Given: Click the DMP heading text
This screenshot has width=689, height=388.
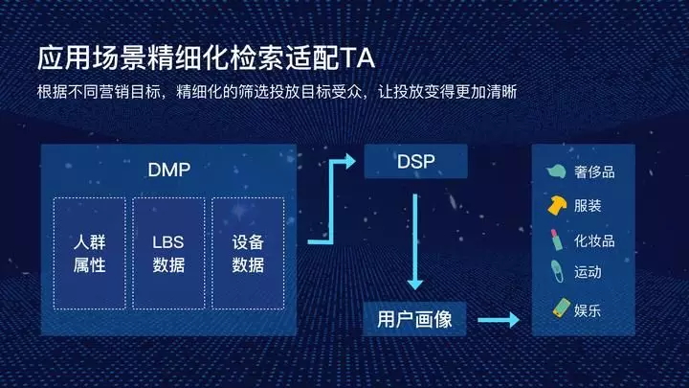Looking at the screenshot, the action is click(x=169, y=170).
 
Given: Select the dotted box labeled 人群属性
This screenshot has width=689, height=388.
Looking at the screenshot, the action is click(x=90, y=253).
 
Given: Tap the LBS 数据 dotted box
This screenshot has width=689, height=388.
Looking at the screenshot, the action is click(x=168, y=253).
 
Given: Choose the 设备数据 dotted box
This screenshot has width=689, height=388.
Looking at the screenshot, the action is click(x=248, y=253).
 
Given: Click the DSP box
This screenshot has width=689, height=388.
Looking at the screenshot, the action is click(x=415, y=162).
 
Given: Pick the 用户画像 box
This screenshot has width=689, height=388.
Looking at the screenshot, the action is click(x=414, y=319).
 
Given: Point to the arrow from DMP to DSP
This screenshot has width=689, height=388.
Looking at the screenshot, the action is click(x=331, y=202).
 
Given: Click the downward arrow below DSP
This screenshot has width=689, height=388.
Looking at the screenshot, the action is click(x=414, y=242).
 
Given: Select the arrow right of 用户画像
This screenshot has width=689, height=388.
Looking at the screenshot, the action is click(x=499, y=320).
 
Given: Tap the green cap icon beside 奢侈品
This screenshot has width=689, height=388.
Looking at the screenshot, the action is click(x=556, y=171).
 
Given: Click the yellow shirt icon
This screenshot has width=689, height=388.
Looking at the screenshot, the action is click(x=557, y=205).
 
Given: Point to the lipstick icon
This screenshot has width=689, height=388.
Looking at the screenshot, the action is click(x=556, y=240).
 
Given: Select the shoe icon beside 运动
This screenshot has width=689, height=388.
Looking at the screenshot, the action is click(x=557, y=271).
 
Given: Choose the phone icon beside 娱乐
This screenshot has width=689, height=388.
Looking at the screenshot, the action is click(x=562, y=308).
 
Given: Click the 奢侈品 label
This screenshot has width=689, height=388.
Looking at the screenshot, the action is click(x=594, y=172).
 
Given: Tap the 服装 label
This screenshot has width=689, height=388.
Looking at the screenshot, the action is click(x=588, y=205).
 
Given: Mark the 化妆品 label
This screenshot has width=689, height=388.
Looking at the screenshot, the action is click(x=594, y=240).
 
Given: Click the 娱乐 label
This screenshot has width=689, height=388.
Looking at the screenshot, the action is click(x=588, y=310).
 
